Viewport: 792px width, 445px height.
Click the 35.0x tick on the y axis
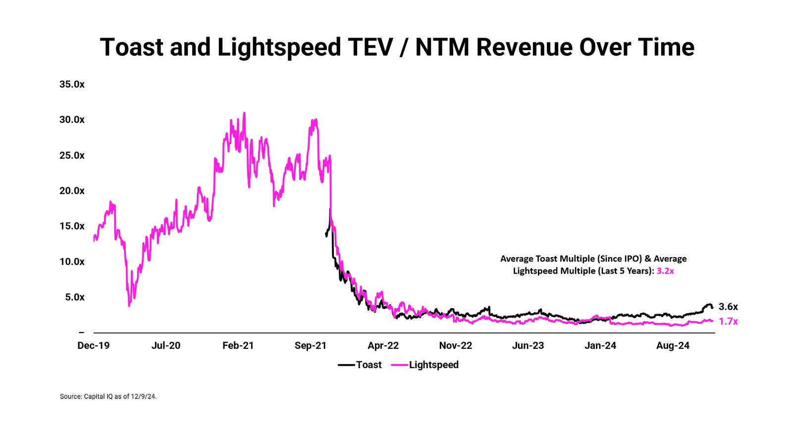pos(72,84)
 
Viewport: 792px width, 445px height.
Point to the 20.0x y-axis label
pos(72,191)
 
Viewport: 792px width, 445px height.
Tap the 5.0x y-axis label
pos(75,297)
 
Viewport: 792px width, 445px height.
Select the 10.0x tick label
pos(72,262)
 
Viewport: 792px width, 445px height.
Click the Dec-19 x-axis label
pos(93,346)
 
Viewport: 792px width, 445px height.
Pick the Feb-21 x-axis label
pos(238,346)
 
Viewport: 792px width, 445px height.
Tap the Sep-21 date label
pos(311,346)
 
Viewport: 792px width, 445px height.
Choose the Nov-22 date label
pos(456,346)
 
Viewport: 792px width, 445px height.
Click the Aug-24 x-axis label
pos(673,346)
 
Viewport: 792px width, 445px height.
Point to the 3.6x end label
pos(728,307)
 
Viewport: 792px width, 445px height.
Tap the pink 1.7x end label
pos(728,322)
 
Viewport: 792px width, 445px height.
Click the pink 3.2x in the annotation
pos(665,271)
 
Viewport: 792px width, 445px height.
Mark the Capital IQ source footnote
pos(108,396)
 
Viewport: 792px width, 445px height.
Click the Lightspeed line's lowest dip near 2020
pos(129,305)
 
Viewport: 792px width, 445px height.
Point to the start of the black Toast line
pos(326,234)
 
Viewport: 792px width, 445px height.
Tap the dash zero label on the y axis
pos(81,333)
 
